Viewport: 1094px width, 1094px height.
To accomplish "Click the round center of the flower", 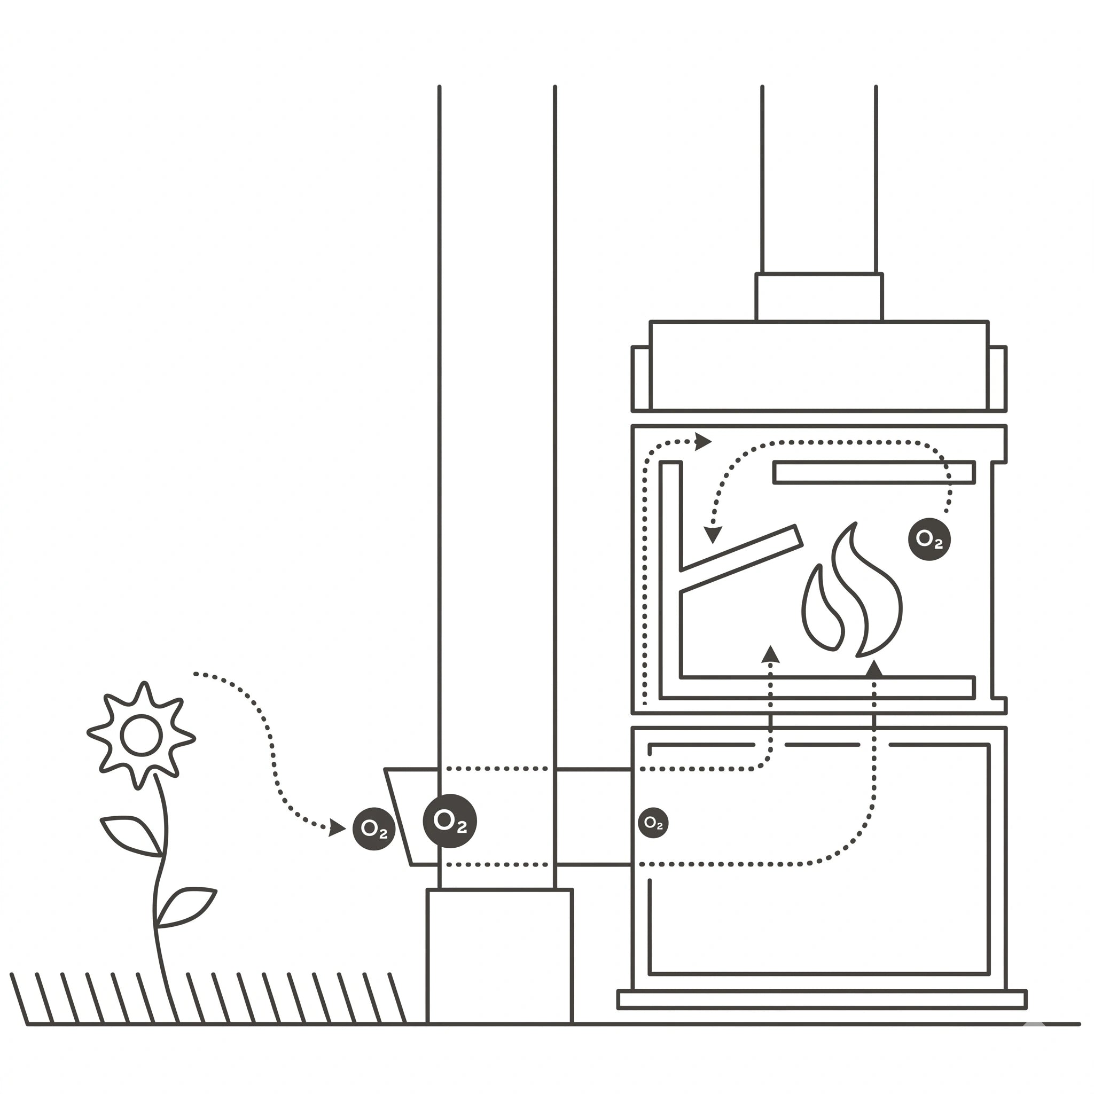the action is tap(142, 736).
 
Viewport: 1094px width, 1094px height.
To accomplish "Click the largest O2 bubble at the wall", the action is tap(450, 821).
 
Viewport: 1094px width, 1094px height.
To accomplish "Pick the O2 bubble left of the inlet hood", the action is tap(374, 829).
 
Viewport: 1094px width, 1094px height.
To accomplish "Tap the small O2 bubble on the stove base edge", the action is tap(653, 823).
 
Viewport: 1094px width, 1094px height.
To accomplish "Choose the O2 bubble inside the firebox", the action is tap(929, 539).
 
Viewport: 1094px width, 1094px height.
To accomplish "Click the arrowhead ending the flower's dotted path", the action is tap(337, 827).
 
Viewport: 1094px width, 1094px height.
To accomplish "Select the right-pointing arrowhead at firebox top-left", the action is tap(704, 441).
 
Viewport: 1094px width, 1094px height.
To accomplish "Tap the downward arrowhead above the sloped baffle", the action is tap(713, 535).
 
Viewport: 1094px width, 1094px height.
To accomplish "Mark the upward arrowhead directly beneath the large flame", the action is tap(874, 669).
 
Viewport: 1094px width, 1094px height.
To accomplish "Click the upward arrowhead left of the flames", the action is tap(770, 654).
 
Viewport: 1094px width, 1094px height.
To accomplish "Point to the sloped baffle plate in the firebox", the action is tap(741, 558).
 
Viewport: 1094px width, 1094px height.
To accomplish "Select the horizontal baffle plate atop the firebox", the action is tap(874, 472).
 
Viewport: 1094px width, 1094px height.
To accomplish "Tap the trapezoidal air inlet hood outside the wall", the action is tap(412, 817).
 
